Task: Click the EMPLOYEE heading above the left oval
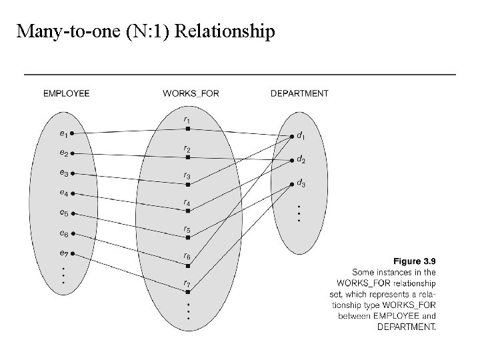pyautogui.click(x=66, y=93)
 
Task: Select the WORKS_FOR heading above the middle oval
pyautogui.click(x=191, y=93)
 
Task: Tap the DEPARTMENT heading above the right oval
pyautogui.click(x=299, y=93)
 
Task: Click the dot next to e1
pyautogui.click(x=72, y=133)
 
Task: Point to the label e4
pyautogui.click(x=63, y=193)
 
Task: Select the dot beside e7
pyautogui.click(x=72, y=253)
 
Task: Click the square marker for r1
pyautogui.click(x=188, y=128)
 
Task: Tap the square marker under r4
pyautogui.click(x=188, y=211)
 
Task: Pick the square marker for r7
pyautogui.click(x=188, y=291)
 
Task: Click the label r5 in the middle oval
pyautogui.click(x=187, y=229)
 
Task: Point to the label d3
pyautogui.click(x=301, y=183)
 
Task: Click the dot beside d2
pyautogui.click(x=292, y=161)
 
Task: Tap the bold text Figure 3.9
pyautogui.click(x=415, y=261)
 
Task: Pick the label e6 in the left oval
pyautogui.click(x=63, y=233)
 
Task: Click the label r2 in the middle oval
pyautogui.click(x=187, y=149)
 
